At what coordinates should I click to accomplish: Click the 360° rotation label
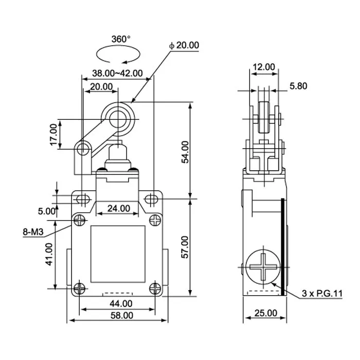121,39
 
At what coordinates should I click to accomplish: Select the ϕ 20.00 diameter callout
184,45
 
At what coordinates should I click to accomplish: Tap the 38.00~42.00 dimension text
118,73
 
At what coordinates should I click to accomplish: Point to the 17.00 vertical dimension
53,135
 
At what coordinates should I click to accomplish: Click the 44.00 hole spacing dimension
118,303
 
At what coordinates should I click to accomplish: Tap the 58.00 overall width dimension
118,315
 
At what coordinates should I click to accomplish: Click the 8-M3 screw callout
33,232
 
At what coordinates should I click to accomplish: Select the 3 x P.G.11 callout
321,294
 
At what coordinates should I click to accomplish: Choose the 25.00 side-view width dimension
266,313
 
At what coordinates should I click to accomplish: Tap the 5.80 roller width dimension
298,86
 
